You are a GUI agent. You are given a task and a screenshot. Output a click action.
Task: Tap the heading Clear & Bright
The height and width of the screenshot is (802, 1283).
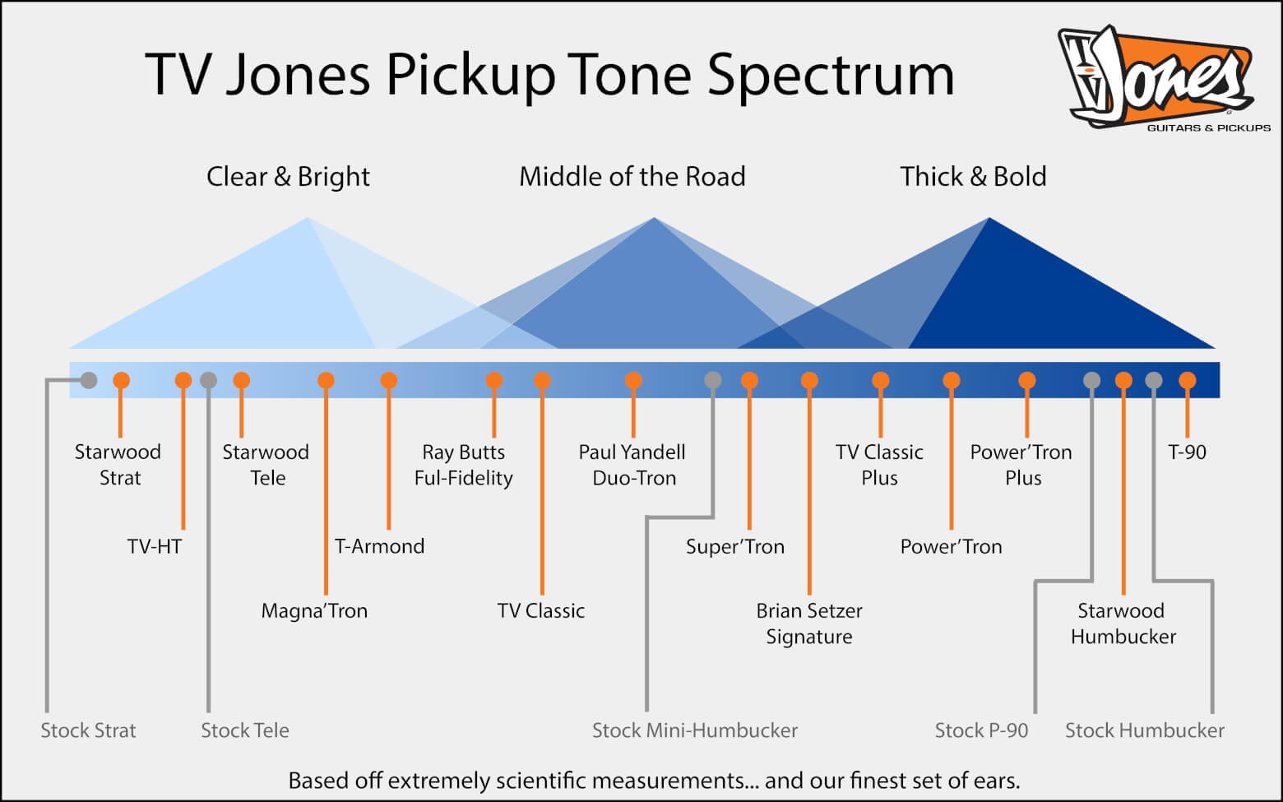(288, 176)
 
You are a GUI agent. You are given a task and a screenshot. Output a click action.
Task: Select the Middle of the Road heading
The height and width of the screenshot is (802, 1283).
(632, 176)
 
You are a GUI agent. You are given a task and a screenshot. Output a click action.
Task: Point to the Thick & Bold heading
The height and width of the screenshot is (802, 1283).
(974, 176)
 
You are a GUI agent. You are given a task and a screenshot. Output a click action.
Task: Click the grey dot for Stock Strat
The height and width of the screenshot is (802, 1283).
(89, 380)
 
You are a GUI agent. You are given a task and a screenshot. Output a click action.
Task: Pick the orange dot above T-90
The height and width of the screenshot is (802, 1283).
(1188, 380)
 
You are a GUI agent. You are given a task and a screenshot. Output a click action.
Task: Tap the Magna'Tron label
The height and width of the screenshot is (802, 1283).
(314, 610)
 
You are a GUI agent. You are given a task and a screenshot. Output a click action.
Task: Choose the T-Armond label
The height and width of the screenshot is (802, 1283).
(379, 546)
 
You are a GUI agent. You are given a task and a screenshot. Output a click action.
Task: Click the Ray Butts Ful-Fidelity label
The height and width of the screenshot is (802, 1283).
(463, 465)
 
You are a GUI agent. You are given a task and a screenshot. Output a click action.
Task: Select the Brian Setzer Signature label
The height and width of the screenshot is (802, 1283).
(809, 624)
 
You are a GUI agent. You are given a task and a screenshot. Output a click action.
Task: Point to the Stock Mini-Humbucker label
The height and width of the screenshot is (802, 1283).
(695, 730)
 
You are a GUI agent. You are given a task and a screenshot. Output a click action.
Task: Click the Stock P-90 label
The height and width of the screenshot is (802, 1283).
(981, 730)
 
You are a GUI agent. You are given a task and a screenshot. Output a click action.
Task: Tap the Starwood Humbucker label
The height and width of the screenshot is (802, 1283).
(1123, 624)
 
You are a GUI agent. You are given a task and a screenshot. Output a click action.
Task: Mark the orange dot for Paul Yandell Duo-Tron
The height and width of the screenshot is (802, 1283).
(633, 380)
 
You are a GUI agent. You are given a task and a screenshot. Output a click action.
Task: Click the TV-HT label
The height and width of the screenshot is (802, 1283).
(155, 546)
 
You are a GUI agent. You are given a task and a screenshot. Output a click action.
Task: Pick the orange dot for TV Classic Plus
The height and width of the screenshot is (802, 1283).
(881, 380)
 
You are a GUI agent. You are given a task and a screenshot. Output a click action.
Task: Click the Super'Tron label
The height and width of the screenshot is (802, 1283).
(735, 546)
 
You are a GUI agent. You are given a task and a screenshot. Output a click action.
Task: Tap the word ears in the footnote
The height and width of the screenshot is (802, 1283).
(993, 781)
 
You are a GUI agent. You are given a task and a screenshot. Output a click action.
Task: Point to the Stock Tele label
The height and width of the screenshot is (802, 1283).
(245, 730)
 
